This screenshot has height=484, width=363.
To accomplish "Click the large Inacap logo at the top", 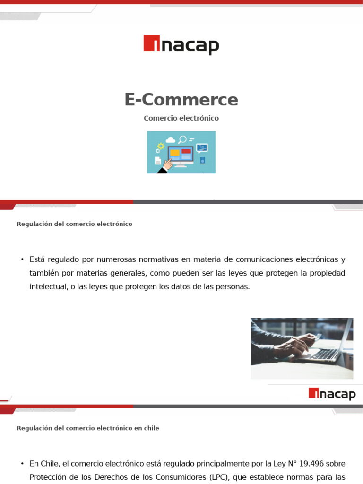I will (181, 45).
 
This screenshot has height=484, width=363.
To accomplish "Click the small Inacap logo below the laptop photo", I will (332, 394).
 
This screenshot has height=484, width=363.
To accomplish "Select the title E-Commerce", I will (181, 100).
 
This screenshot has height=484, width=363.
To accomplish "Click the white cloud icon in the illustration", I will (170, 139).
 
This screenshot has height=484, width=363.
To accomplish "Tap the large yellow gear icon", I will (161, 146).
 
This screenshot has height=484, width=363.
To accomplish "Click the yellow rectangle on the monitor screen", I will (175, 153).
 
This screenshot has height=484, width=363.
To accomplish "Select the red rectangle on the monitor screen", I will (186, 151).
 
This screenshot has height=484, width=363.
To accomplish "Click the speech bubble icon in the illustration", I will (202, 147).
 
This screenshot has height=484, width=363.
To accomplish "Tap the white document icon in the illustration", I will (158, 161).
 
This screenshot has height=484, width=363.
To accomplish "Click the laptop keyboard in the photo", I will (325, 354).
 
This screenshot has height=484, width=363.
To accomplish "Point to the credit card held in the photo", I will (318, 337).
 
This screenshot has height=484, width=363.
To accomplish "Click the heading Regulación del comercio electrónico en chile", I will (88, 428).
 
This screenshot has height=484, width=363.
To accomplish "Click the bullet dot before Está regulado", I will (22, 259).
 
